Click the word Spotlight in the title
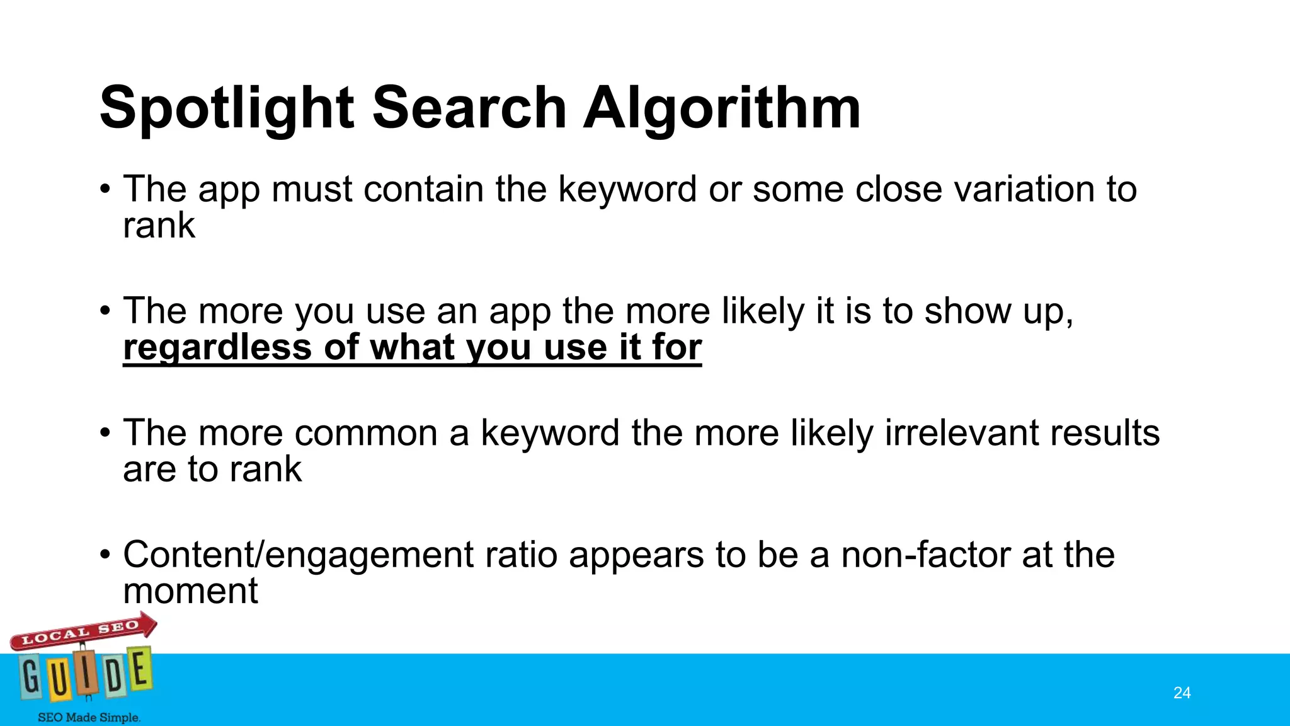(226, 109)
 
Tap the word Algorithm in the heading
(721, 109)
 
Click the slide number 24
(1182, 693)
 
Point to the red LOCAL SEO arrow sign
(82, 631)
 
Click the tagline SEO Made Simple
(89, 717)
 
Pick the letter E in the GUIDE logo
(140, 670)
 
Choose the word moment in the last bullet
(190, 592)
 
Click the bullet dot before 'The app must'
(105, 189)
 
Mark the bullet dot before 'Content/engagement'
(105, 555)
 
